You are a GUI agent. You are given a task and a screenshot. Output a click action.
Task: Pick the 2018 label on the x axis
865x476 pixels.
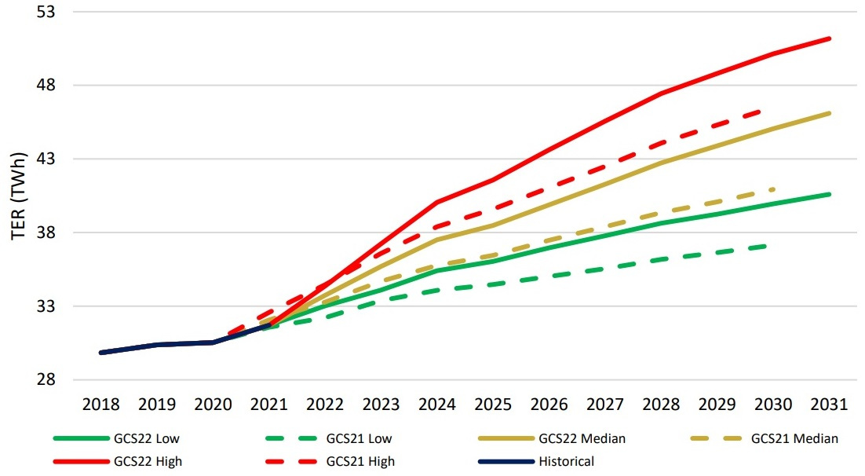tap(101, 405)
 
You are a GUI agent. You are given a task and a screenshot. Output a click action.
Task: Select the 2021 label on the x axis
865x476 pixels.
tap(269, 405)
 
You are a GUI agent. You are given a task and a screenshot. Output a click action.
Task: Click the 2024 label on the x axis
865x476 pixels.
tap(437, 405)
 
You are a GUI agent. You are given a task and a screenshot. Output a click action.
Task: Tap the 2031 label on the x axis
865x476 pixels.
tap(830, 405)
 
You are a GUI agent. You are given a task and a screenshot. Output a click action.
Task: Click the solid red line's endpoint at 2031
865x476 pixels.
tap(830, 38)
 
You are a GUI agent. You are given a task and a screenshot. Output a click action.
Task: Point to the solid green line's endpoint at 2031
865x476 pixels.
tap(830, 193)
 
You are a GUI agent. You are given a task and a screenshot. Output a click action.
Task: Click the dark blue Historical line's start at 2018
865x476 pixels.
tap(101, 353)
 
